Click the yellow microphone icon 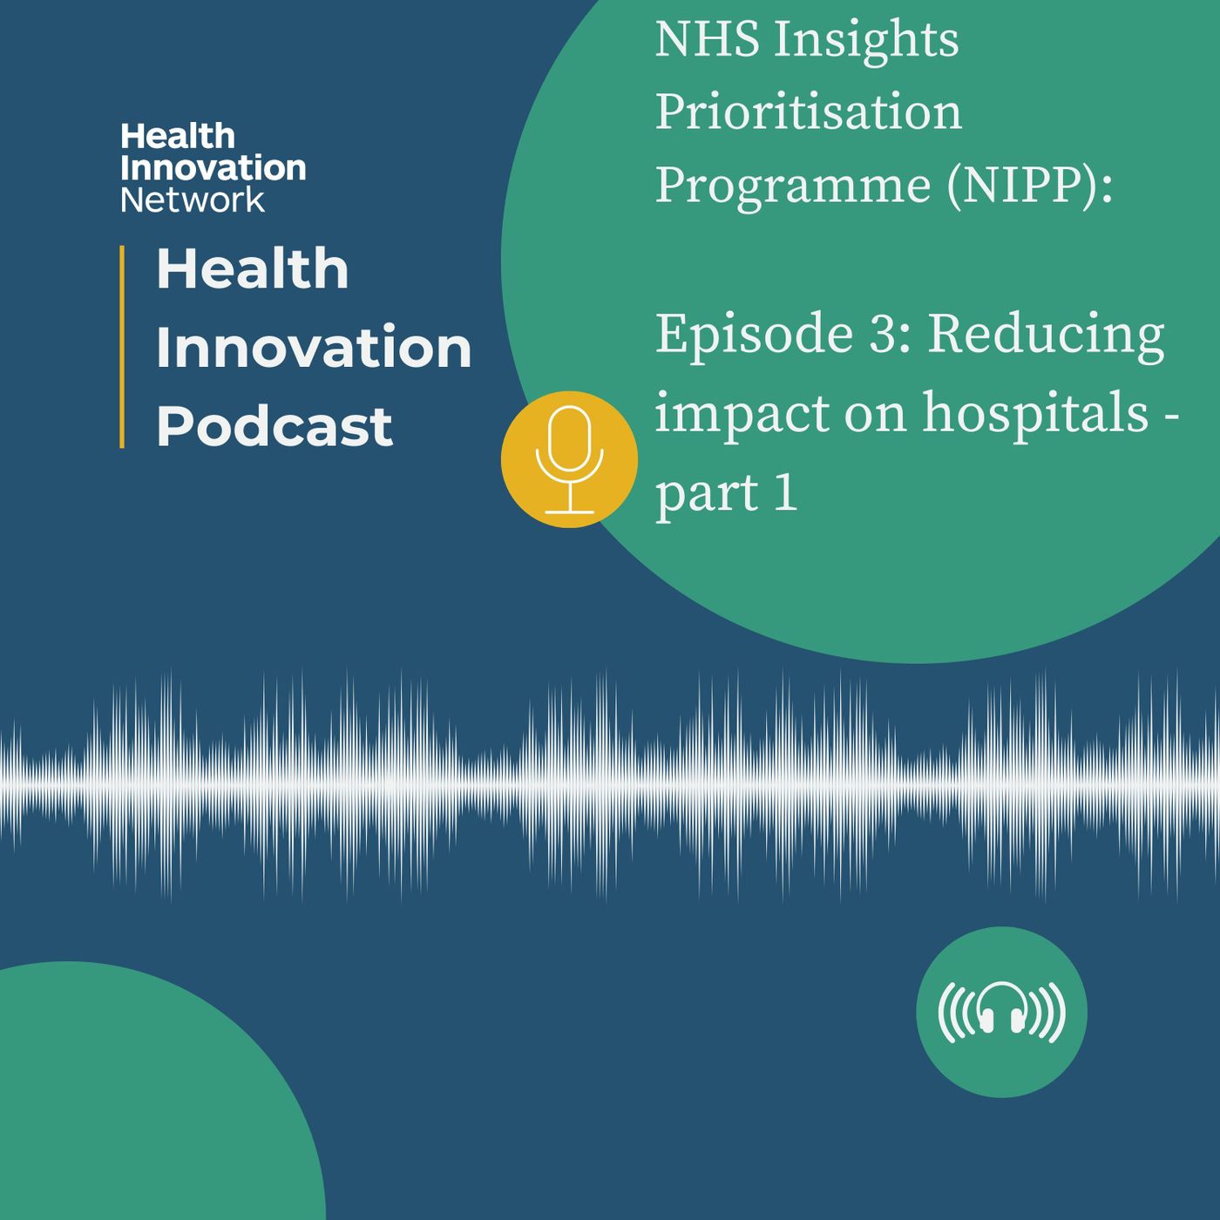pyautogui.click(x=569, y=459)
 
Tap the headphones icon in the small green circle pyautogui.click(x=1001, y=1013)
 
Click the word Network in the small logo pyautogui.click(x=193, y=200)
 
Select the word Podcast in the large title pyautogui.click(x=274, y=426)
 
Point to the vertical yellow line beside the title pyautogui.click(x=121, y=347)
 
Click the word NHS pyautogui.click(x=707, y=39)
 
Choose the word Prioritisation pyautogui.click(x=809, y=112)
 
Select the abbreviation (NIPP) pyautogui.click(x=1029, y=186)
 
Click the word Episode pyautogui.click(x=754, y=335)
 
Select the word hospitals pyautogui.click(x=1035, y=411)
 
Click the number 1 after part pyautogui.click(x=785, y=492)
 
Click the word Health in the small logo pyautogui.click(x=177, y=136)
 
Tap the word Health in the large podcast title pyautogui.click(x=253, y=268)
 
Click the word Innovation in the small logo pyautogui.click(x=213, y=168)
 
